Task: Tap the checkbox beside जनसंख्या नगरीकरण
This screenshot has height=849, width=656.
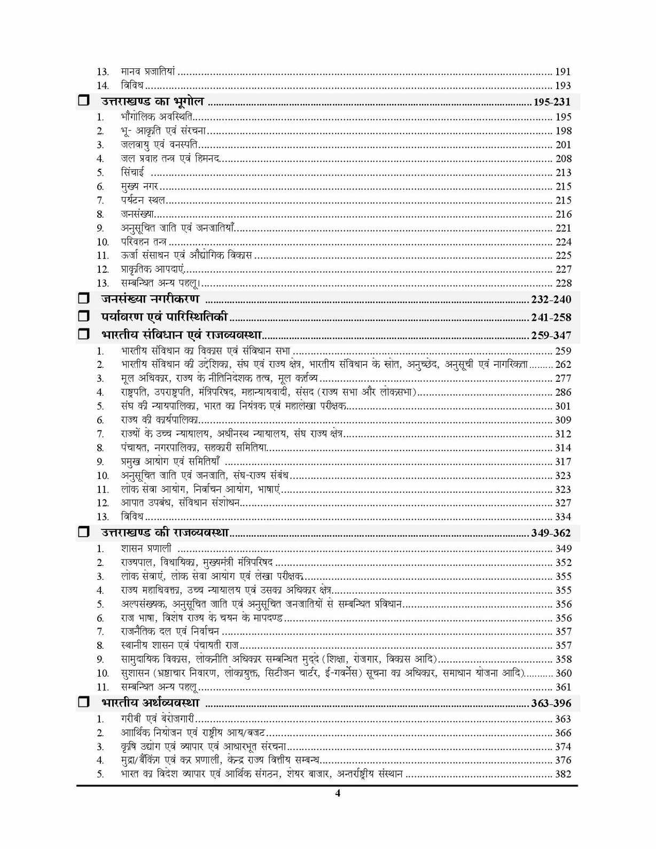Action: [x=83, y=299]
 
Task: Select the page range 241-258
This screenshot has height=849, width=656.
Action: [x=551, y=317]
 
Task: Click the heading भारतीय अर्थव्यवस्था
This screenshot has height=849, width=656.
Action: [x=150, y=703]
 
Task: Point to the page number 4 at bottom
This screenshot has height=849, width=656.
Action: [x=337, y=793]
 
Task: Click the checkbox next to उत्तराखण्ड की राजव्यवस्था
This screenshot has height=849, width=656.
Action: [x=83, y=533]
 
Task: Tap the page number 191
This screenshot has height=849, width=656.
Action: [x=563, y=72]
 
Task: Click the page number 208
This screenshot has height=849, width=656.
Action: [x=563, y=159]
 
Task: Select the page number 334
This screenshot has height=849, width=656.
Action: [x=563, y=517]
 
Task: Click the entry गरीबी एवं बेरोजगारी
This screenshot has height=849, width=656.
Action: [x=158, y=719]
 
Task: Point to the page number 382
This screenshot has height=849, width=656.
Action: [x=563, y=774]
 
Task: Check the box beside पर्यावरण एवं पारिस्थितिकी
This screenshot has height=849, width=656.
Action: [x=83, y=317]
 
